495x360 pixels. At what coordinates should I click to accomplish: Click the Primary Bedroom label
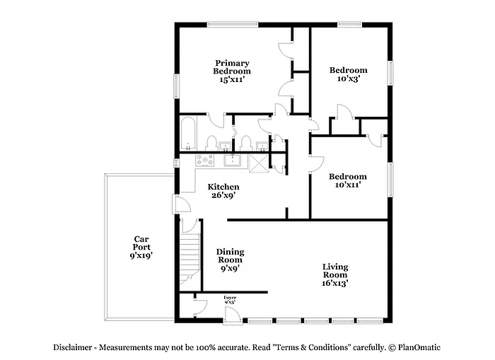233,66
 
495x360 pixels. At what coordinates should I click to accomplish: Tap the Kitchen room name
218,187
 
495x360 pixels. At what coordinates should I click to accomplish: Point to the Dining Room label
230,255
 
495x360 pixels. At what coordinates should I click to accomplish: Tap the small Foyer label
230,298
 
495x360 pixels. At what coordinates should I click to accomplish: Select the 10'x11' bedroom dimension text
348,185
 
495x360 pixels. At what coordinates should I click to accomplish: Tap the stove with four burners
206,161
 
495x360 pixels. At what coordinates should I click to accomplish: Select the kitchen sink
234,160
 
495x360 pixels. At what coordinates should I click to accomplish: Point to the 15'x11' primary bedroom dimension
233,80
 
